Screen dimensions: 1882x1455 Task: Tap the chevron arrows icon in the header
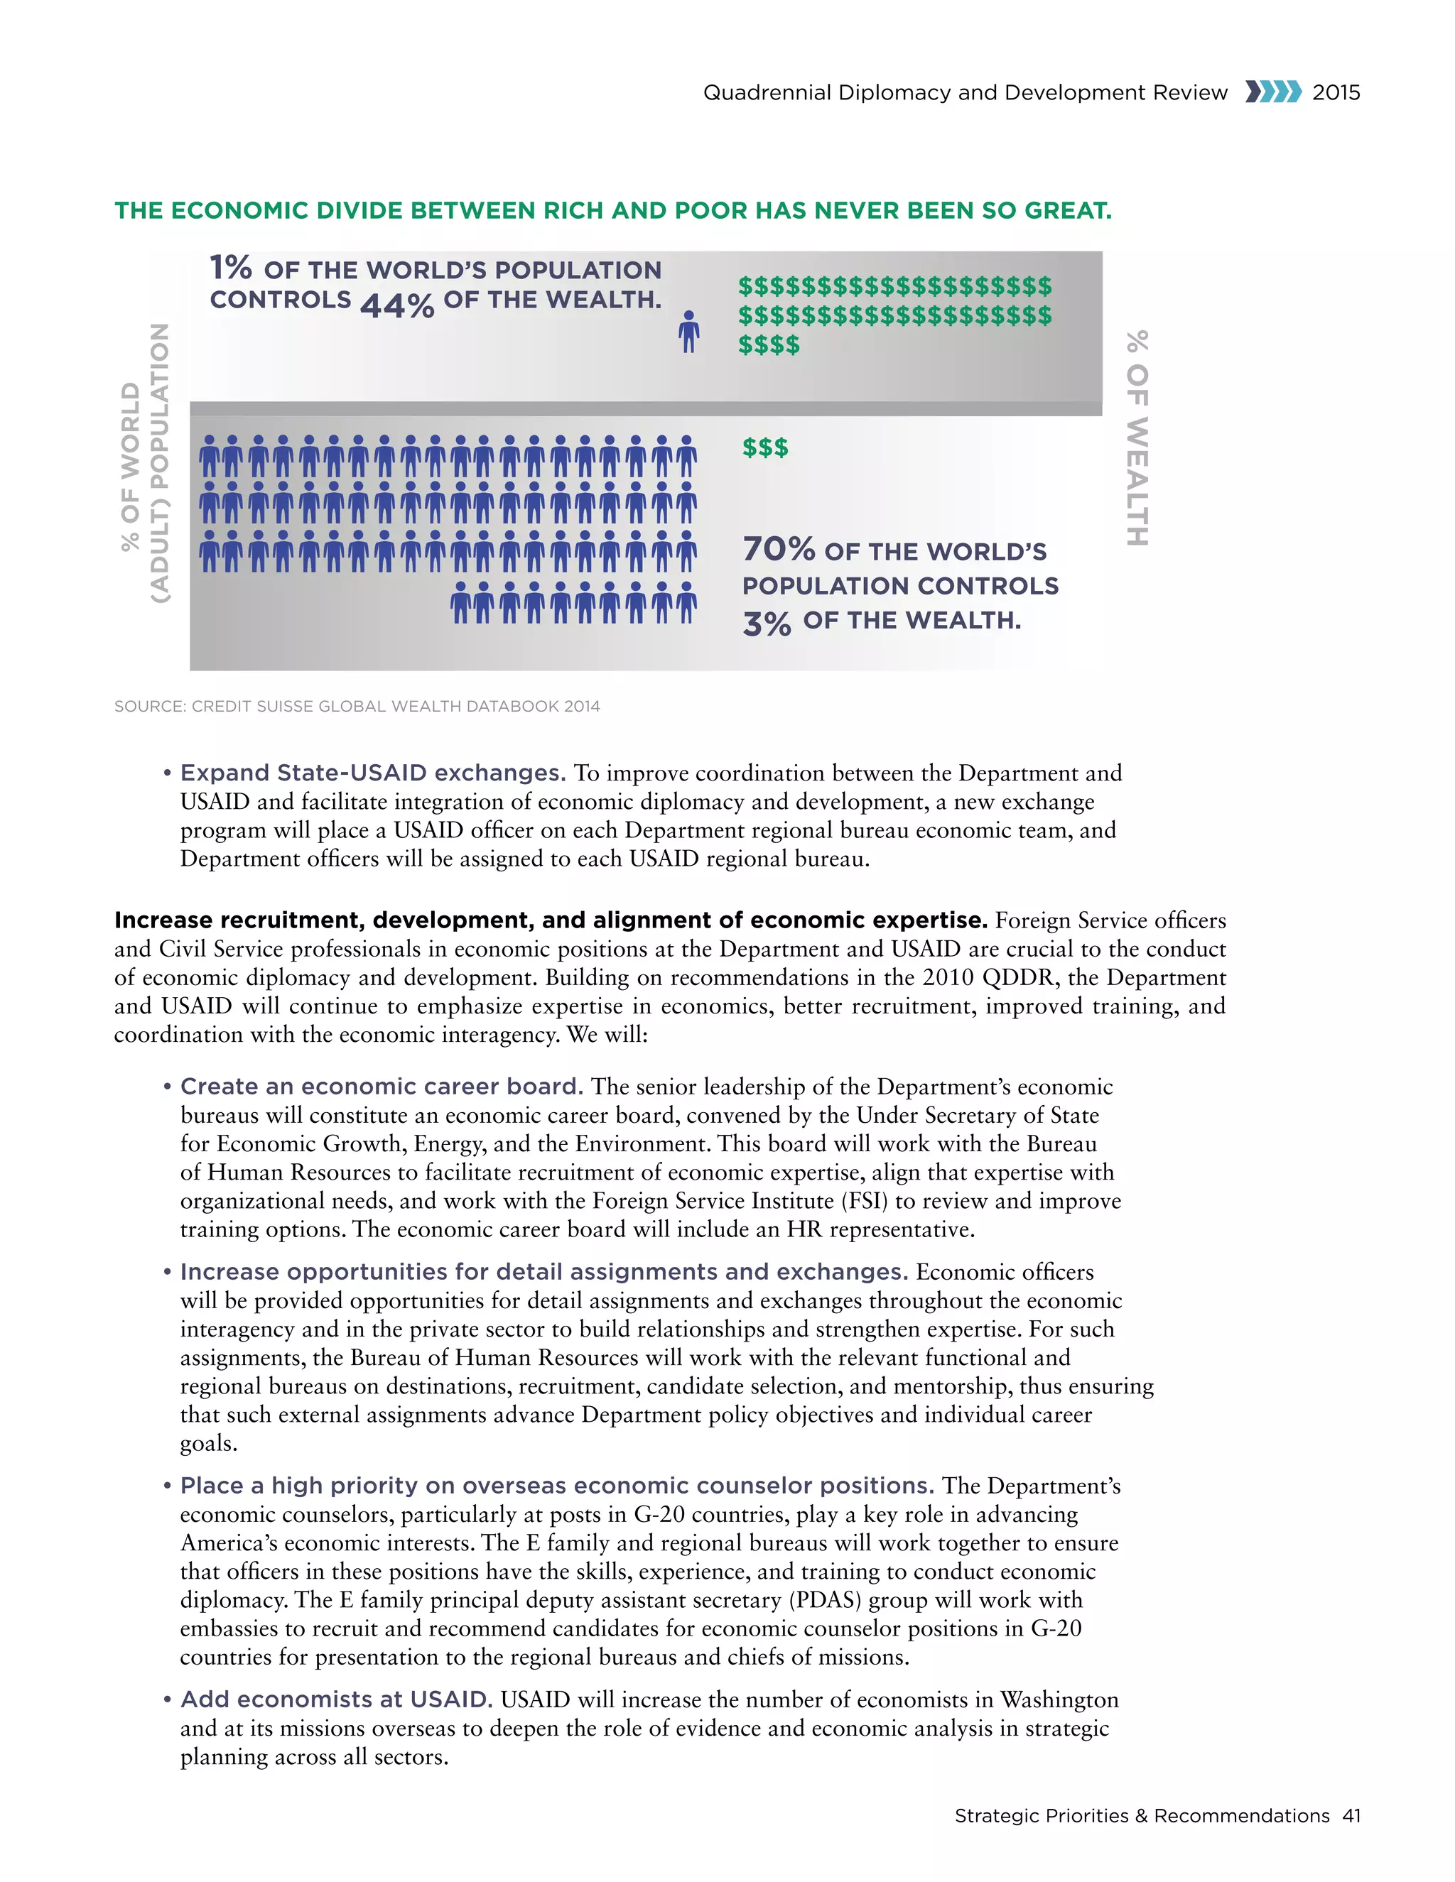tap(1272, 92)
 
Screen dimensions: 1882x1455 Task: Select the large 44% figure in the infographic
tap(396, 305)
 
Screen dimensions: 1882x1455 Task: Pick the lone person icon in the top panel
tap(688, 332)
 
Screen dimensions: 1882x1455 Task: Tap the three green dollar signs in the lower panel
tap(765, 447)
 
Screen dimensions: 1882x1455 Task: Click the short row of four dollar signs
tap(769, 344)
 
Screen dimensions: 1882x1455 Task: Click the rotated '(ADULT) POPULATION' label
tap(159, 463)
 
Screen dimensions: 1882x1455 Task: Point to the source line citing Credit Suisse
tap(357, 707)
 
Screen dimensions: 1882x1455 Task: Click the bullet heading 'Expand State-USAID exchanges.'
tap(372, 773)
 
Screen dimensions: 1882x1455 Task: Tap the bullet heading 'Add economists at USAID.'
tap(336, 1699)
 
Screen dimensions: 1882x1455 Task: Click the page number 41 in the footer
tap(1351, 1816)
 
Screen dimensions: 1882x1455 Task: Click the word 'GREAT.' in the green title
tap(1068, 210)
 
